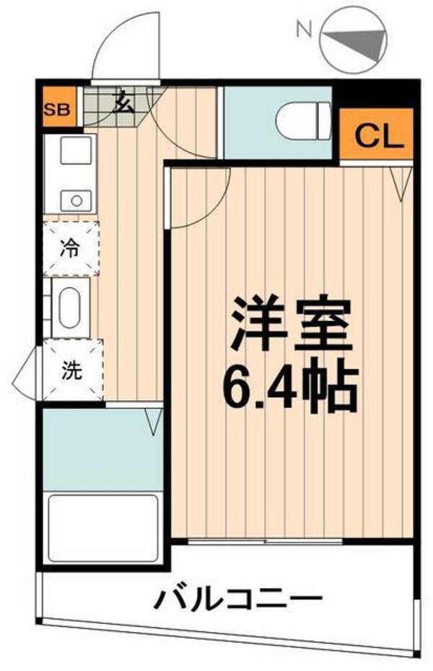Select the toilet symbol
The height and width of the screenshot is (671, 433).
pyautogui.click(x=304, y=121)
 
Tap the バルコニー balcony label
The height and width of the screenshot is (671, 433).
pyautogui.click(x=237, y=599)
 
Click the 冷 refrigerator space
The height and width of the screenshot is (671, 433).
pyautogui.click(x=71, y=248)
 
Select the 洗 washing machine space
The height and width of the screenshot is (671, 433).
pyautogui.click(x=71, y=371)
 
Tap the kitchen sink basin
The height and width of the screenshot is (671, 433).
pyautogui.click(x=72, y=152)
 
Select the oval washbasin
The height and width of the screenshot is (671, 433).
pyautogui.click(x=69, y=308)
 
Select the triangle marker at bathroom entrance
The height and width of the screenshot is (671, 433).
pyautogui.click(x=154, y=421)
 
